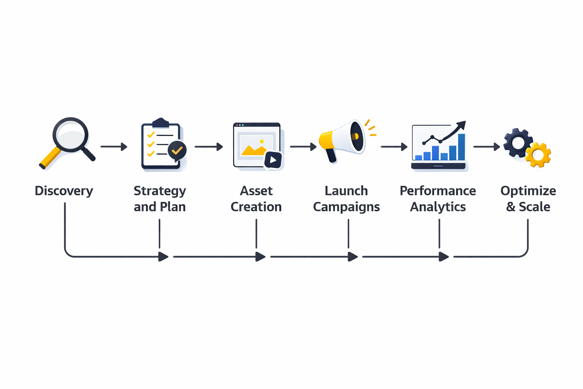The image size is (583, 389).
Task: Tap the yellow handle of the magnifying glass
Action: point(50,157)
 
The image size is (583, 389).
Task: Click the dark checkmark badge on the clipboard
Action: point(177,150)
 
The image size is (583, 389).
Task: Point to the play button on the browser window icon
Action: point(273,160)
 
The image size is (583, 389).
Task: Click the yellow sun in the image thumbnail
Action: point(262,141)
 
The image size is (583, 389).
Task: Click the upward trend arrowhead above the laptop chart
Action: point(461,125)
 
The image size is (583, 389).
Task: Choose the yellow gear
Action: point(538,155)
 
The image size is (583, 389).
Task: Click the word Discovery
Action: point(64,191)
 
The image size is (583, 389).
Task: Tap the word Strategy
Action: point(160,191)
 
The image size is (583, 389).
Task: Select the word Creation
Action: point(256,207)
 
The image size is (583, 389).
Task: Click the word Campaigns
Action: point(346,207)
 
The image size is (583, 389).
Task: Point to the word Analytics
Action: point(438,207)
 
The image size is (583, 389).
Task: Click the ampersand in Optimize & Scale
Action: point(511,207)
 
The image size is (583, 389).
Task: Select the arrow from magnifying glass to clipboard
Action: point(113,147)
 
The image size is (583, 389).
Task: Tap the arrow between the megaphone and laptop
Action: point(394,147)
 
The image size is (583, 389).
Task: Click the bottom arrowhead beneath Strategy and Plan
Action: point(164,257)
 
